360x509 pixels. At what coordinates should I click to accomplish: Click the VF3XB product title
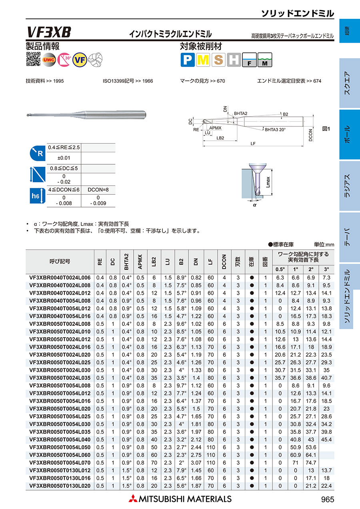click(x=49, y=32)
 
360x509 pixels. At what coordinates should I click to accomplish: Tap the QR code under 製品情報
click(x=33, y=59)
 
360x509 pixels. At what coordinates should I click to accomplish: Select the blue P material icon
click(x=188, y=60)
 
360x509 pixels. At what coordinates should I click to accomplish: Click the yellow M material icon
click(x=203, y=60)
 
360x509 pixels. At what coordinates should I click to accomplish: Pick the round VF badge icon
click(x=80, y=60)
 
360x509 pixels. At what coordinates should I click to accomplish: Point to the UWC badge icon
click(x=49, y=60)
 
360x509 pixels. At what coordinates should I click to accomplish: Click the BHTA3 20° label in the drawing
click(x=275, y=130)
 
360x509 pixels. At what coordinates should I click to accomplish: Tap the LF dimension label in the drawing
click(x=253, y=144)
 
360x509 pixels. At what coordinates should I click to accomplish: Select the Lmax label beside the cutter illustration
click(x=268, y=182)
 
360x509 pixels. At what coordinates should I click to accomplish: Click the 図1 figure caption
click(x=326, y=129)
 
